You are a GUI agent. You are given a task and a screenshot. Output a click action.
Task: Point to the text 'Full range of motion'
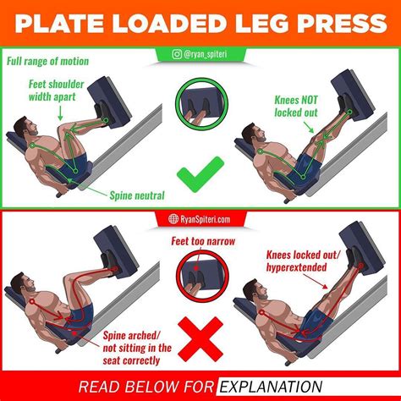click(x=45, y=61)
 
